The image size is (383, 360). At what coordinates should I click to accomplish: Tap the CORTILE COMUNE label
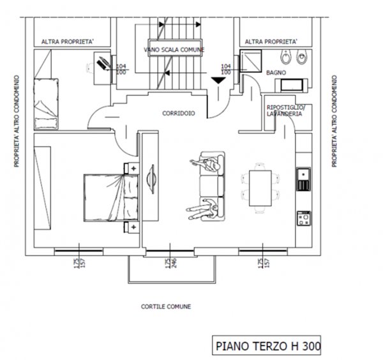click(166, 306)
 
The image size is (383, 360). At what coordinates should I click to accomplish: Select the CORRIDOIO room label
click(179, 112)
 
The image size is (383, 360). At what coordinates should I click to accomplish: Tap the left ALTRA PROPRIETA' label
click(68, 42)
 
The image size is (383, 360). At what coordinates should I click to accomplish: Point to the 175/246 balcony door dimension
click(169, 262)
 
